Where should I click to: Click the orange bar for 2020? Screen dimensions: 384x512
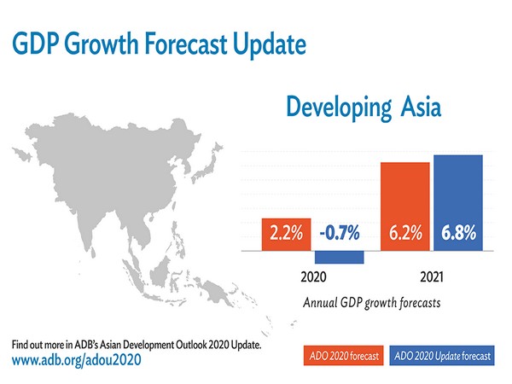click(288, 235)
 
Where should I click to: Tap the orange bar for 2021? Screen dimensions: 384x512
click(405, 206)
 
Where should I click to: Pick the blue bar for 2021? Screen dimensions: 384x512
click(458, 202)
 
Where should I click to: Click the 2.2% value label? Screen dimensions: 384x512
click(288, 233)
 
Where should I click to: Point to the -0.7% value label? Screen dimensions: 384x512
click(340, 233)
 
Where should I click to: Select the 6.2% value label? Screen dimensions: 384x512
click(405, 233)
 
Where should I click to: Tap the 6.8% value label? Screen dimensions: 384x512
click(458, 233)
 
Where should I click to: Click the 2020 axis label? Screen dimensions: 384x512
click(314, 278)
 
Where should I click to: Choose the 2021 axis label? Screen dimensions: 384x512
click(432, 278)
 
